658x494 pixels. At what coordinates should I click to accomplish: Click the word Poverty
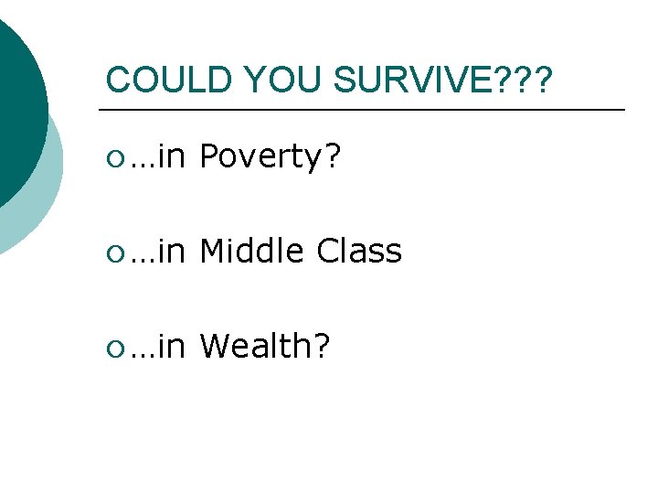[x=262, y=158]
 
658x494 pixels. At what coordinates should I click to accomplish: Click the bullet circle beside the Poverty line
[x=113, y=160]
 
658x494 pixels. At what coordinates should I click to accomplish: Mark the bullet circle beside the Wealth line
[x=113, y=347]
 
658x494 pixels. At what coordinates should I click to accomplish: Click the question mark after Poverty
[x=334, y=158]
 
